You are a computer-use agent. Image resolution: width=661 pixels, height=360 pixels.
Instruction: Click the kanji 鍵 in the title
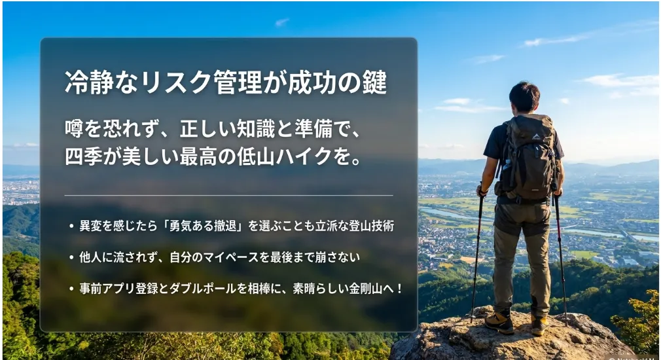[374, 82]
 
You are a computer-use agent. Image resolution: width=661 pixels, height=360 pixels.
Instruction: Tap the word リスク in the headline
[175, 82]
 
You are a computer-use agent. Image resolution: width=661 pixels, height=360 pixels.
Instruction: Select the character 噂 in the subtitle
[74, 128]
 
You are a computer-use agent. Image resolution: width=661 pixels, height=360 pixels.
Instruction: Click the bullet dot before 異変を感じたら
[71, 226]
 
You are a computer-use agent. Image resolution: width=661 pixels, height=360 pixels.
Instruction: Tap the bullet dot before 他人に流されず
[71, 258]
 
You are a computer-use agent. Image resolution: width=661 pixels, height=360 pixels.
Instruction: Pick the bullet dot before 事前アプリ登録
[71, 289]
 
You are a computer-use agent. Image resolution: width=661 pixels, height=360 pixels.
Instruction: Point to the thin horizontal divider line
[228, 196]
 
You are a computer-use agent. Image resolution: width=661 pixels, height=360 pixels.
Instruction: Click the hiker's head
[524, 97]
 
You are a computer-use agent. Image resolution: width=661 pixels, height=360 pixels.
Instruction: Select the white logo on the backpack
[536, 136]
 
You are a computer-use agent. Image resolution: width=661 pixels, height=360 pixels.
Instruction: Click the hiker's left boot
[499, 322]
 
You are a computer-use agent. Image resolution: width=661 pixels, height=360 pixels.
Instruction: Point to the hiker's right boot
[539, 325]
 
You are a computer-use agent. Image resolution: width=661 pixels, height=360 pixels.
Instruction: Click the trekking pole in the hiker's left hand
[477, 253]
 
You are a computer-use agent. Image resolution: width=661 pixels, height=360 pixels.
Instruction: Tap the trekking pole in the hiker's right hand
[560, 257]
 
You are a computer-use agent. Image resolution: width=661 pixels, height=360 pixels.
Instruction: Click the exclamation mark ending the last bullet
[399, 289]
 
